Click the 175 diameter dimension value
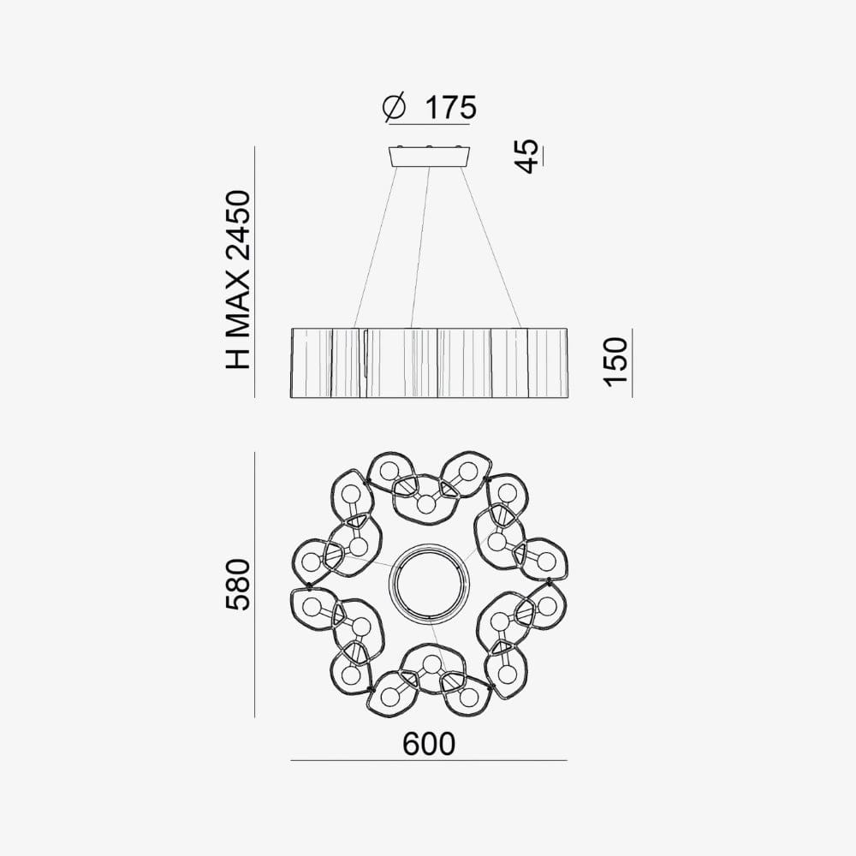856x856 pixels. click(450, 108)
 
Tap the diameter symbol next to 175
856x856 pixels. click(394, 108)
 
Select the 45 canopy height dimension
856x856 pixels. click(528, 157)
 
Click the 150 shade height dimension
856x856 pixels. click(616, 362)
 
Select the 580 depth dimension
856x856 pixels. click(239, 585)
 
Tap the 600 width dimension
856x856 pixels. click(429, 744)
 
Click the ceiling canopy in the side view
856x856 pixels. click(429, 156)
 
